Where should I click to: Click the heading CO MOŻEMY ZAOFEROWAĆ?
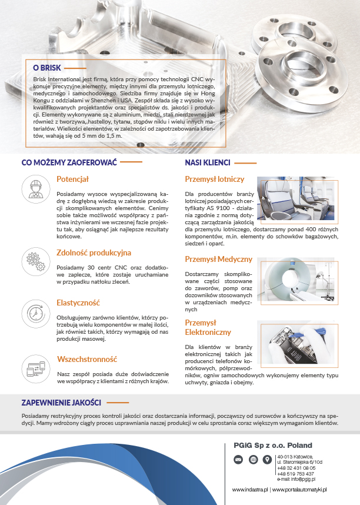click(69, 162)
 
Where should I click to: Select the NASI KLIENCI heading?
click(207, 162)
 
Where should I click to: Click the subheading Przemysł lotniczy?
click(214, 179)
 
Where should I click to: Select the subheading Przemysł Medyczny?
click(218, 259)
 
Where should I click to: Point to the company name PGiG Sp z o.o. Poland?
click(272, 445)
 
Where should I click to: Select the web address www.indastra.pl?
click(250, 489)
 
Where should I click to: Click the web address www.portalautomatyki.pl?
click(299, 489)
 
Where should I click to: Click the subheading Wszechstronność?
click(87, 358)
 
